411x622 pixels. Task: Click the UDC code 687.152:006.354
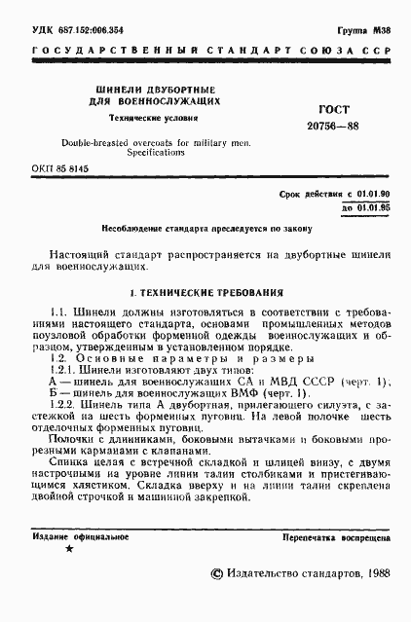point(79,31)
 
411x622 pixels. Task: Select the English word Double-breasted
point(102,143)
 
